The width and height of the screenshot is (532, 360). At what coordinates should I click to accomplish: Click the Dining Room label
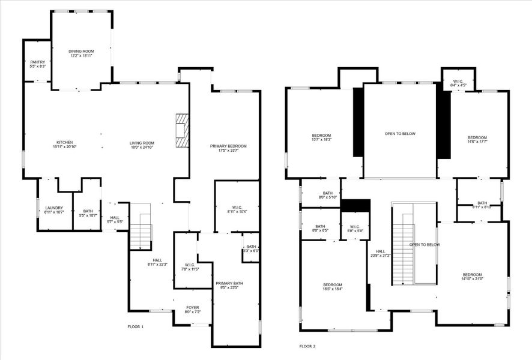tap(80, 54)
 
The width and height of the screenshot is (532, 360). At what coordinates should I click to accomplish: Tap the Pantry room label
tap(37, 64)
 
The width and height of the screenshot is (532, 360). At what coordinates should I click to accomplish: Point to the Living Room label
tap(142, 145)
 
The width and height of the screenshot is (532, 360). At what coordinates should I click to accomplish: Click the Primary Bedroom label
tap(228, 148)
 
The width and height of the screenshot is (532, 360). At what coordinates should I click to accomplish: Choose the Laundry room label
tap(53, 210)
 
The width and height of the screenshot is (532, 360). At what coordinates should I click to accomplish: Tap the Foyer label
tap(192, 310)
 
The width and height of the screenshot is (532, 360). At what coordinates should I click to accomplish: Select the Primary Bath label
tap(229, 285)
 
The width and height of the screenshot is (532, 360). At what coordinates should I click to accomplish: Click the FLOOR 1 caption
tap(135, 327)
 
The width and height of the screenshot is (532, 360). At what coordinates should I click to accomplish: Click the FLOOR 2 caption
tap(307, 346)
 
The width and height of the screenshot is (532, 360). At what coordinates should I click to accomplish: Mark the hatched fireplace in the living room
tap(182, 130)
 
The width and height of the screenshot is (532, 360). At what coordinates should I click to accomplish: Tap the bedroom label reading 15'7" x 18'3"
tap(321, 137)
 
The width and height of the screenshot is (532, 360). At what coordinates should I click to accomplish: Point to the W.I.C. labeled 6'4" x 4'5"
tap(458, 83)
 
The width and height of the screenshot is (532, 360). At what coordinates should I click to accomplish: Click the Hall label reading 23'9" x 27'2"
tap(381, 254)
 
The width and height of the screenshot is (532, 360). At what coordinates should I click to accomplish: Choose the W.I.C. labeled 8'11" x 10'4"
tap(237, 209)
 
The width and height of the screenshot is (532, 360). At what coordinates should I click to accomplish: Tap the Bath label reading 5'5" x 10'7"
tap(88, 212)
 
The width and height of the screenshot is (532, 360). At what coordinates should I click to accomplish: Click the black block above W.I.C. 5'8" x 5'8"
tap(355, 206)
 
